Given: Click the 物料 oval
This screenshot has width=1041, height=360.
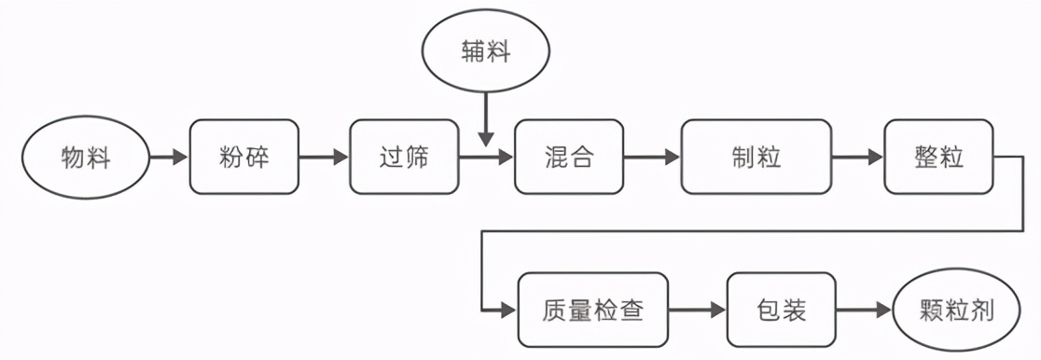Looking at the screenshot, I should point(86,158).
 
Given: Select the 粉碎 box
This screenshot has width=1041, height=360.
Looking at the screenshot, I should point(244,158).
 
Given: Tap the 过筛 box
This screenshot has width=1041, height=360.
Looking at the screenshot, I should point(405,158).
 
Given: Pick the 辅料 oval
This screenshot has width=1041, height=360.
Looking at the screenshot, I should point(485,51).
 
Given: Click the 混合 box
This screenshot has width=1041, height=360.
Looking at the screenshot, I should point(568,158).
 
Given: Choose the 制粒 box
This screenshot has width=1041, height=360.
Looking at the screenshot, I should point(756,158).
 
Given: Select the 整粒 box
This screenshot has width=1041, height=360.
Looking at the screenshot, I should point(938,158).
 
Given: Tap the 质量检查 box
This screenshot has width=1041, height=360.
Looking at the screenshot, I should point(592,310).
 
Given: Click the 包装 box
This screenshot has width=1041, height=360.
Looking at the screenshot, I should point(782,310).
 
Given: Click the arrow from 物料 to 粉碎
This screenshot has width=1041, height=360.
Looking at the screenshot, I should point(169,158).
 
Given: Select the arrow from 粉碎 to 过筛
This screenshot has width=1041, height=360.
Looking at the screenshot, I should point(324,158).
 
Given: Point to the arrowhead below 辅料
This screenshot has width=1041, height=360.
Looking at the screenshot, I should point(485,138).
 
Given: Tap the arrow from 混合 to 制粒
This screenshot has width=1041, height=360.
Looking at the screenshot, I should point(652,158).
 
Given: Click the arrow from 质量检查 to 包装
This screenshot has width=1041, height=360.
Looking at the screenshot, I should point(697,310).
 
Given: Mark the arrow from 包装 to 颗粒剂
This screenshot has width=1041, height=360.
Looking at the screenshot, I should point(864,310).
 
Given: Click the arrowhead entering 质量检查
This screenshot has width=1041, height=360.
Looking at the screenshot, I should point(509,310).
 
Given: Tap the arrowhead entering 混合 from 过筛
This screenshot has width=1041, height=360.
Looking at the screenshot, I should point(506,158).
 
